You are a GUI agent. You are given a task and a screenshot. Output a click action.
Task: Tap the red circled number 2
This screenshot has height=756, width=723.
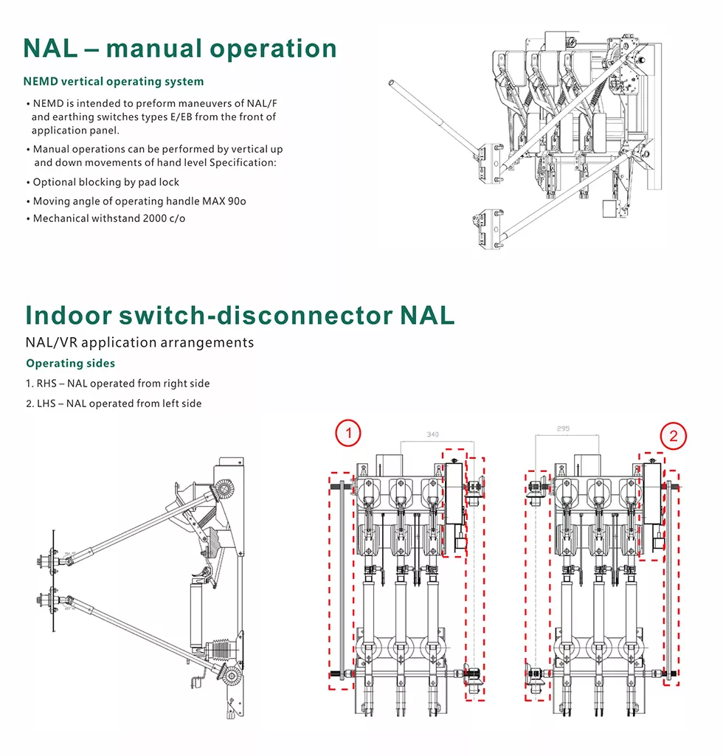673,436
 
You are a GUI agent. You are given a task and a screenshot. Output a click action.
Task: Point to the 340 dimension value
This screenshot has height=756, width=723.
432,435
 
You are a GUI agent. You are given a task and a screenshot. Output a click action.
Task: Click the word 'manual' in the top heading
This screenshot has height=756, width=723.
151,49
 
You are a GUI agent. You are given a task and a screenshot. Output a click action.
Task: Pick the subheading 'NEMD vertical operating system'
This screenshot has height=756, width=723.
113,81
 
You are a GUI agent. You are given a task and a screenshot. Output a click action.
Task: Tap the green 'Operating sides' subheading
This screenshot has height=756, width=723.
70,363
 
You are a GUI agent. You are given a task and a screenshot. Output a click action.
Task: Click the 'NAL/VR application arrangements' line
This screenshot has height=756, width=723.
139,342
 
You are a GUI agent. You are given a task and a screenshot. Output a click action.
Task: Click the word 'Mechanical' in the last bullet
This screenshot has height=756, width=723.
60,218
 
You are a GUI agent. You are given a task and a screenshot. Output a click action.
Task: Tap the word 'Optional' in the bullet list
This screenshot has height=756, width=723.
54,182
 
